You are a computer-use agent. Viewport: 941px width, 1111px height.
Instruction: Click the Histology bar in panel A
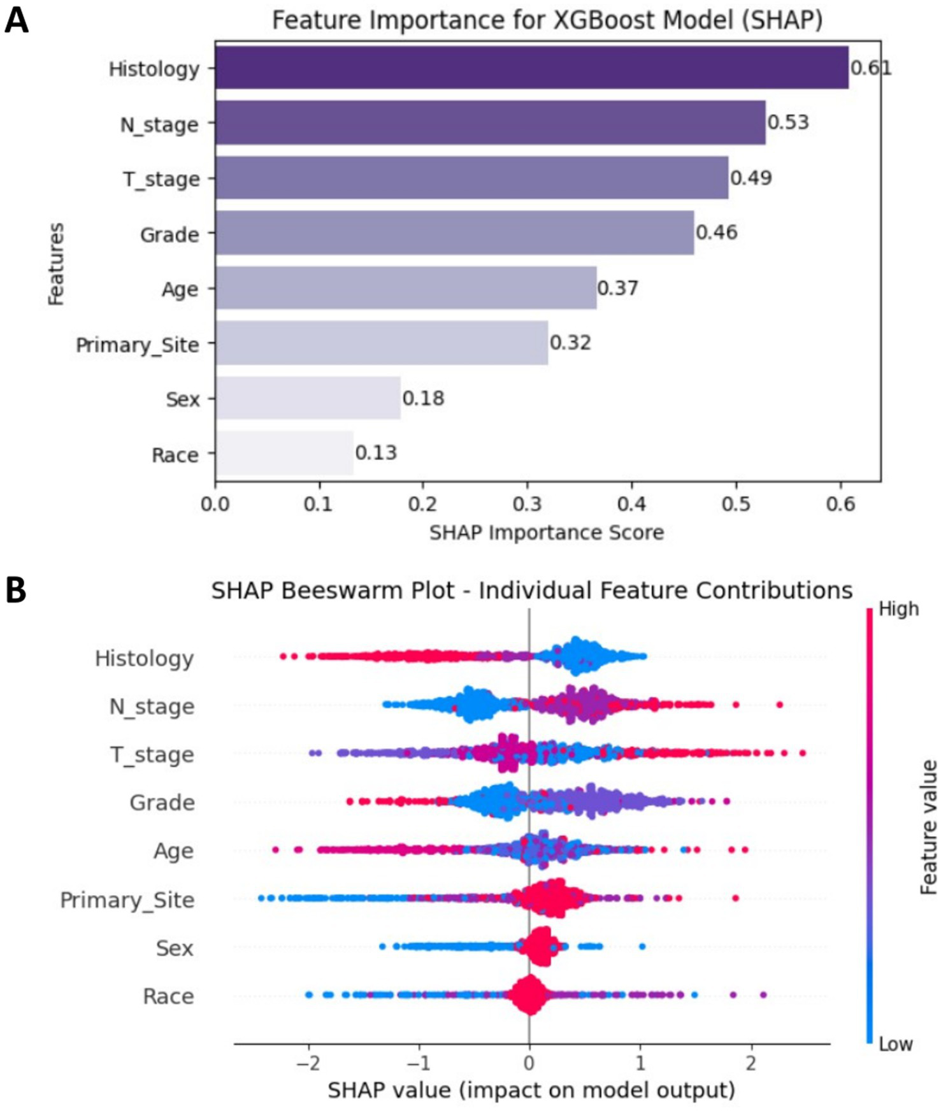tap(531, 68)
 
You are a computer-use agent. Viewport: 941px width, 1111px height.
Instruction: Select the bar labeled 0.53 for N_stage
tap(489, 122)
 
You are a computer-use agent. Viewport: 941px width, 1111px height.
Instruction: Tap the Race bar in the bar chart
tap(284, 453)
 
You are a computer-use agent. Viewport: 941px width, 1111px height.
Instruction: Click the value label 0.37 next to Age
tap(617, 288)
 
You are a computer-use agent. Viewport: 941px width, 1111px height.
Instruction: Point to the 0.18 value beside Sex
tap(423, 398)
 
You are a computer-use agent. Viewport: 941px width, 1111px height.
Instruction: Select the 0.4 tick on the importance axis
tap(631, 504)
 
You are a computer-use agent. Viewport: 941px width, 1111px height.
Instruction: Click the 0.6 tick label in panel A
tap(840, 504)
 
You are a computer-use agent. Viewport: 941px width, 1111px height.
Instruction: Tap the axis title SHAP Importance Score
tap(546, 532)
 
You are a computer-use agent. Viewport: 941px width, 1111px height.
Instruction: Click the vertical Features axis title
tap(57, 264)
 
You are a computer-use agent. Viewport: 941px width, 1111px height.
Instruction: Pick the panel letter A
tap(16, 20)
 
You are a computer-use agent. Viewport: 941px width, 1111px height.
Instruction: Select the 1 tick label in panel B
tap(640, 1063)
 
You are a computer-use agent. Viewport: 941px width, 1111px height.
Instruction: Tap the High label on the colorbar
tap(898, 609)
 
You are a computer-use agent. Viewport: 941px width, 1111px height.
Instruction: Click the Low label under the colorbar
tap(895, 1045)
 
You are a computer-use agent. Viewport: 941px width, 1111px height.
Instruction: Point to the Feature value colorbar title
tap(929, 827)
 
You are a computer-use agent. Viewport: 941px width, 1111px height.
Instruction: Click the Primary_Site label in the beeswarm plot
tap(127, 900)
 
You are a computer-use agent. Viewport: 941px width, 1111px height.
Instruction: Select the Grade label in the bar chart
tap(169, 234)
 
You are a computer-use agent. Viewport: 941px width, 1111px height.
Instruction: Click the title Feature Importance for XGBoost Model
tap(547, 20)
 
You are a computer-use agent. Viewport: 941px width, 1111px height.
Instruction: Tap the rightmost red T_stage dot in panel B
tap(802, 753)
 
